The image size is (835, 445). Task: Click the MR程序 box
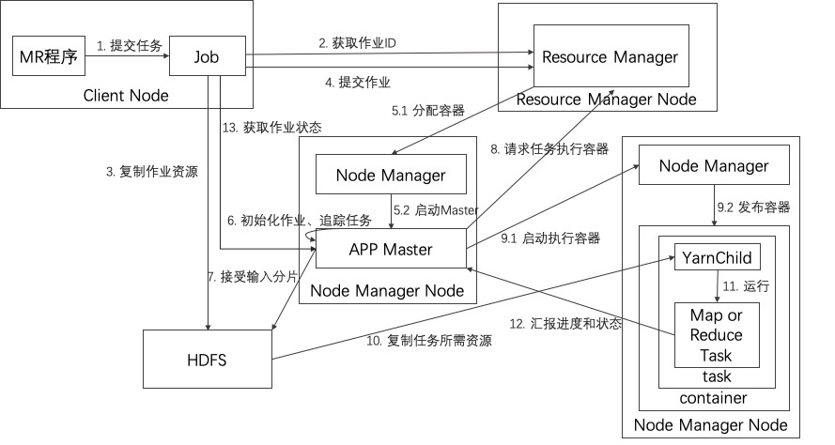coord(48,56)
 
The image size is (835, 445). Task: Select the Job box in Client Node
coord(208,56)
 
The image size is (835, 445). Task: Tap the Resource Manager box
coord(606,57)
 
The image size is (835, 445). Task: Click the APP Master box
coord(392,250)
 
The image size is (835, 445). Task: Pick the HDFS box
coord(207,359)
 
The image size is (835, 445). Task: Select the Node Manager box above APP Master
coord(392,175)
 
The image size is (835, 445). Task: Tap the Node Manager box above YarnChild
coord(714,166)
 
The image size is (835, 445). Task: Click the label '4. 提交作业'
coord(358,83)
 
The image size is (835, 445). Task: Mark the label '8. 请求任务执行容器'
coord(549,148)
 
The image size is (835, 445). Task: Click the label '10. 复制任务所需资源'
coord(429,341)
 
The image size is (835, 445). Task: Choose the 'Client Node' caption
coord(126,95)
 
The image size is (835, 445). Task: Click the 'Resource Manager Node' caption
coord(606,100)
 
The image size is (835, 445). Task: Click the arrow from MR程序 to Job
coord(127,56)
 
